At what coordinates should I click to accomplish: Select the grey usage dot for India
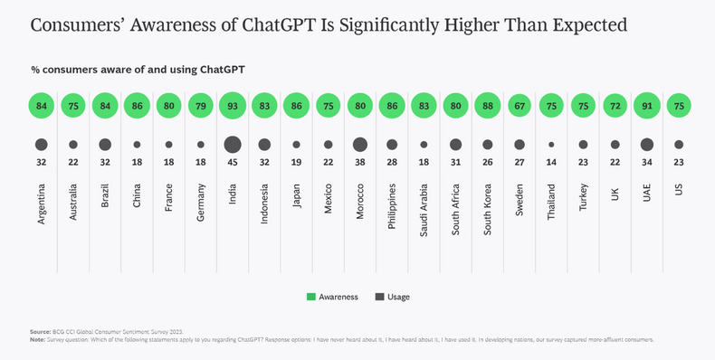click(x=232, y=145)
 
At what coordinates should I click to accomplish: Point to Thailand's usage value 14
click(x=551, y=164)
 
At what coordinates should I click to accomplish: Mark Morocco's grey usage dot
click(x=359, y=145)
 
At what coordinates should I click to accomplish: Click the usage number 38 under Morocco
click(x=359, y=164)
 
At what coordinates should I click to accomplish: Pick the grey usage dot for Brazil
click(x=105, y=145)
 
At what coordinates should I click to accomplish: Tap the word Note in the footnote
click(x=39, y=340)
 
